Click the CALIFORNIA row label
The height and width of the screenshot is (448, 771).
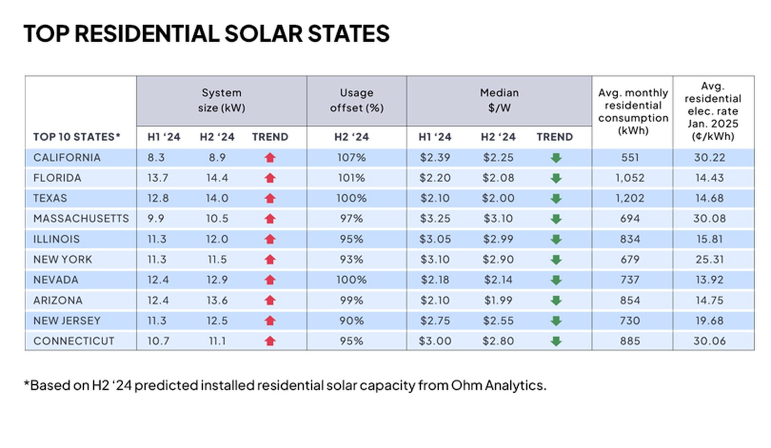[x=67, y=157]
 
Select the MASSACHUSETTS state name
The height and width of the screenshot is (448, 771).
[x=81, y=218]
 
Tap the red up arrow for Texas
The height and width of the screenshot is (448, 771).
[x=270, y=198]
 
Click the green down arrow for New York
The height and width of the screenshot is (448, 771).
[x=556, y=260]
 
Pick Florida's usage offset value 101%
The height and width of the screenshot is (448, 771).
[x=351, y=178]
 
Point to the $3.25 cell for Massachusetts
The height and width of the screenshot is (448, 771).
[x=435, y=218]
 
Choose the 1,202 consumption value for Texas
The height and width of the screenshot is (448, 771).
[x=629, y=198]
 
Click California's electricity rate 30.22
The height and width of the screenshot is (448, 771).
[x=709, y=157]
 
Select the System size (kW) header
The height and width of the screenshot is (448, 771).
[x=221, y=100]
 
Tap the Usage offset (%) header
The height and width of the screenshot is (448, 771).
[x=356, y=100]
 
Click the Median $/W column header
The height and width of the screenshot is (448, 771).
[x=499, y=100]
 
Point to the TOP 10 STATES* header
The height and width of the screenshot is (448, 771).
[x=77, y=137]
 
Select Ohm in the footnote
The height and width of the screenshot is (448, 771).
[x=465, y=385]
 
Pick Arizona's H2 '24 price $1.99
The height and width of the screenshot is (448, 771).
[x=498, y=301]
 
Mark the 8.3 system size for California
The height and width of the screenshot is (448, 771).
[x=156, y=157]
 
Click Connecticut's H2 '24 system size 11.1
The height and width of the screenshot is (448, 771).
[x=217, y=341]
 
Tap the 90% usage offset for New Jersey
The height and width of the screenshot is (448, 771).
[x=351, y=321]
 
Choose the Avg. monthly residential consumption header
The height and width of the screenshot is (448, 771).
[x=633, y=112]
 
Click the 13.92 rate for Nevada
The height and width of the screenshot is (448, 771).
[x=709, y=280]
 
